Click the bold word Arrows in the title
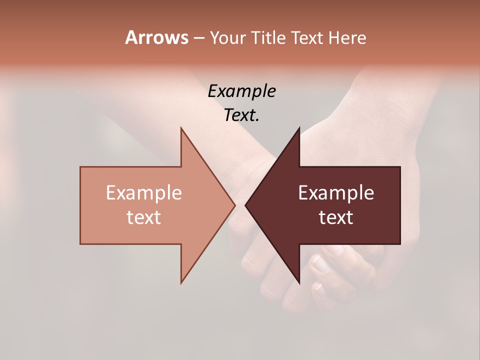pos(156,37)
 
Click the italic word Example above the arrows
pos(241,91)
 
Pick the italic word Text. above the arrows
pos(241,115)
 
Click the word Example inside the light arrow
pos(143,192)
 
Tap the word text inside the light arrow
pos(143,217)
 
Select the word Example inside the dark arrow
pos(336,192)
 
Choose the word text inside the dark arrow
pos(336,217)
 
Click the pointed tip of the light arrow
pos(234,205)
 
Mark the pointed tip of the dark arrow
pos(246,205)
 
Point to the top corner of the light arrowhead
pos(181,129)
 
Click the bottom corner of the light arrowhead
pos(181,282)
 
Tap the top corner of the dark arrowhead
pos(299,129)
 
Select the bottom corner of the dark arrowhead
pos(299,282)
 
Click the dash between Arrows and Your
pos(198,38)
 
